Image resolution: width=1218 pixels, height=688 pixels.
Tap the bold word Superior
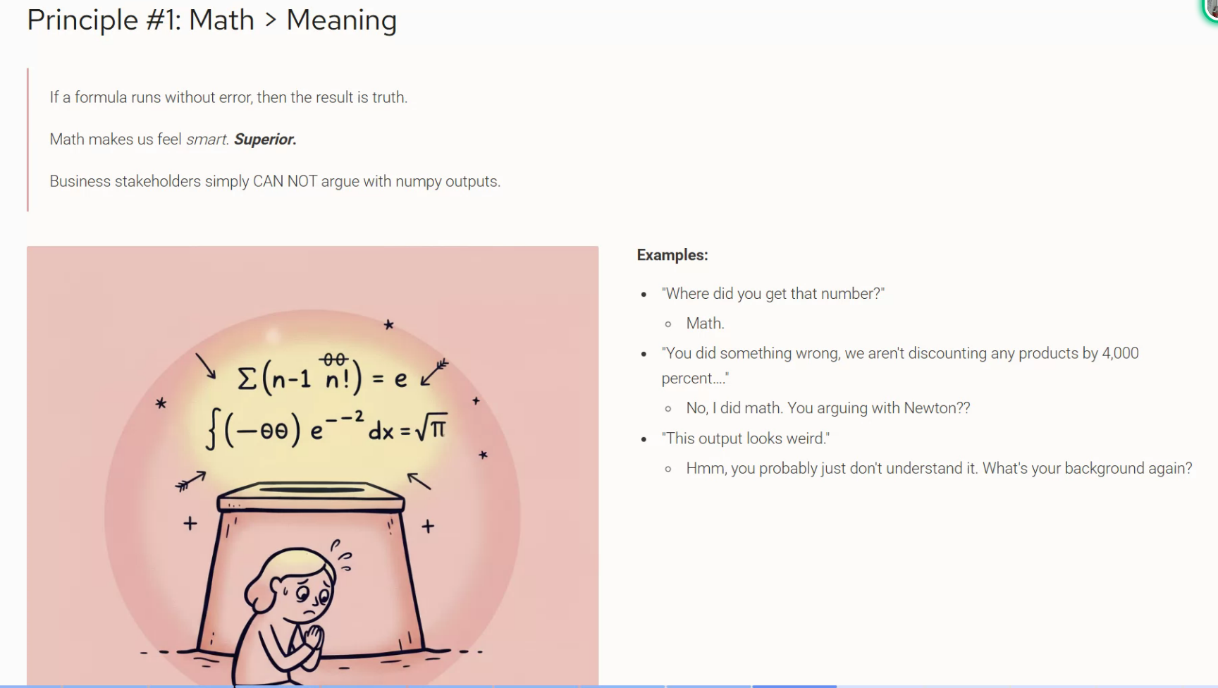(265, 140)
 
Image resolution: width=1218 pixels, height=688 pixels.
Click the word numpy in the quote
(418, 182)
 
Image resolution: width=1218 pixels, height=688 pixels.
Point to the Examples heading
(672, 255)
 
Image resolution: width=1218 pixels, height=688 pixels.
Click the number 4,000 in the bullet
(1120, 353)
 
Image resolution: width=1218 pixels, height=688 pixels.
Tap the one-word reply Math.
(705, 324)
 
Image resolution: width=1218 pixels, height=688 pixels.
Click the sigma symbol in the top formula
(247, 380)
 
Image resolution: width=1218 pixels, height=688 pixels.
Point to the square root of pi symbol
(431, 427)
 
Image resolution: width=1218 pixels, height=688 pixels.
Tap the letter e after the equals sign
(400, 380)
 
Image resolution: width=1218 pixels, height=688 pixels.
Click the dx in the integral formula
(381, 429)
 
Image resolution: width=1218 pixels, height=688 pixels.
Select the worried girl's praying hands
(312, 639)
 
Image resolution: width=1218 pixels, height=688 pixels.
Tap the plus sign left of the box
(190, 524)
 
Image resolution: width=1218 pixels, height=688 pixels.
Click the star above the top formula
(388, 324)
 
